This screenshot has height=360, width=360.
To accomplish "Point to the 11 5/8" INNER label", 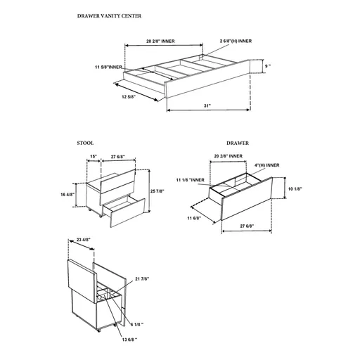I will click(x=107, y=67).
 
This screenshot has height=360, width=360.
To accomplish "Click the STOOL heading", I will click(x=85, y=143).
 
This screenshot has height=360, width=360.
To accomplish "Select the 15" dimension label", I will click(x=93, y=157).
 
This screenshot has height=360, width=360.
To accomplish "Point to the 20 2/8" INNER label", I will click(x=228, y=155).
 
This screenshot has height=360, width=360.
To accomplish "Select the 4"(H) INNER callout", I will click(x=266, y=165).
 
